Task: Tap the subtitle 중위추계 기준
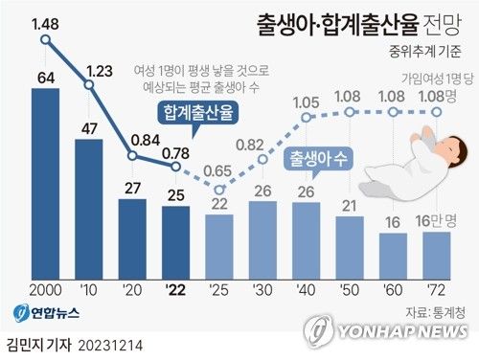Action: pos(424,52)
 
